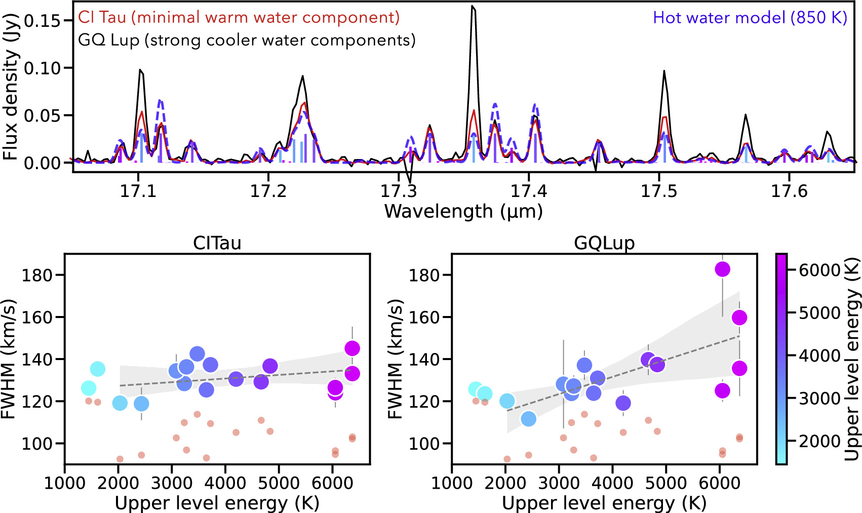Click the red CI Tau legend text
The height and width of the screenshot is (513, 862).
tap(239, 18)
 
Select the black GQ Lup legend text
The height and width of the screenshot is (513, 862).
tap(247, 40)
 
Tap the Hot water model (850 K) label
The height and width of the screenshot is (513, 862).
tap(750, 18)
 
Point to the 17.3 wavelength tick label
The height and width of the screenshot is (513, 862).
tap(399, 191)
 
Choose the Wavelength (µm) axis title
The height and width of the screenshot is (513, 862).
tap(463, 211)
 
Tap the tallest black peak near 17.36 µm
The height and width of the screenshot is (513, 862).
tap(473, 7)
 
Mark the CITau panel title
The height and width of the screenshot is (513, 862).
tap(217, 243)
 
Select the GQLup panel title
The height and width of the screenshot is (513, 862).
tap(604, 243)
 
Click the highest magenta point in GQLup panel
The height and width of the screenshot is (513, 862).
tap(722, 269)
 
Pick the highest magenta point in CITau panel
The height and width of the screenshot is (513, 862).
tap(352, 348)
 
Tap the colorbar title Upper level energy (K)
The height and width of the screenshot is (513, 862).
tap(852, 359)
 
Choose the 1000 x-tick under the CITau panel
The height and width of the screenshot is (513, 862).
tap(65, 483)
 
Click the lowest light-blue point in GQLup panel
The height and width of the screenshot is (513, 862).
tap(528, 419)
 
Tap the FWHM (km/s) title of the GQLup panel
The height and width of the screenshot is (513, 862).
tap(396, 359)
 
